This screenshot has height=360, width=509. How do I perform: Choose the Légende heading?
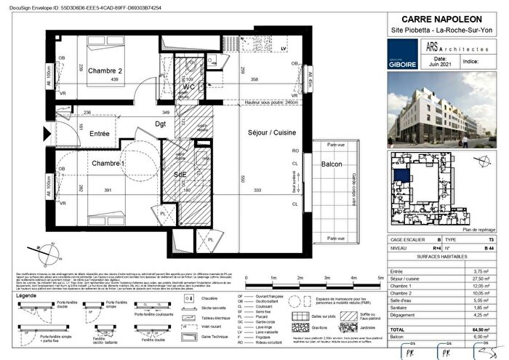pyautogui.click(x=29, y=296)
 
